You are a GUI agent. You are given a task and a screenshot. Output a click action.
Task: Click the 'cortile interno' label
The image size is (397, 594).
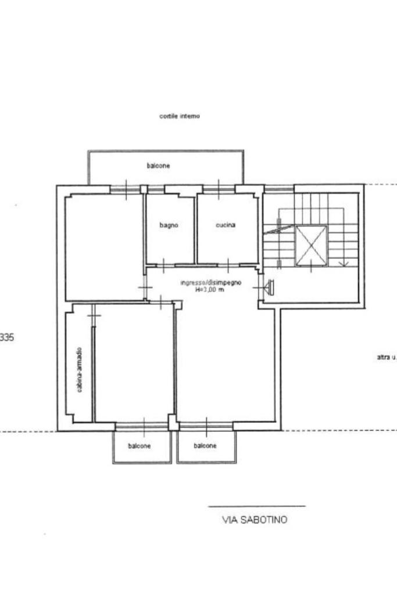coord(180,116)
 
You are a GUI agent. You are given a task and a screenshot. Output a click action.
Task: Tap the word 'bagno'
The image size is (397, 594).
coord(169,225)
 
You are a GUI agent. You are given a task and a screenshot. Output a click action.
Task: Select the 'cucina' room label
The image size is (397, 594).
coord(226,225)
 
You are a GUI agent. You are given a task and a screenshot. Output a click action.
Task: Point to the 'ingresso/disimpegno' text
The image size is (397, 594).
coord(211,283)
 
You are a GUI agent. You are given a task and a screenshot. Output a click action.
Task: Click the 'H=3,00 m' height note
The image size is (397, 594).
coord(210,290)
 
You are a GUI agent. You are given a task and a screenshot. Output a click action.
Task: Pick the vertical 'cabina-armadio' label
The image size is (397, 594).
coord(79,370)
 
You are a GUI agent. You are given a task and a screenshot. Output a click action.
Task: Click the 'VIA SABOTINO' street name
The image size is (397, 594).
coord(255,520)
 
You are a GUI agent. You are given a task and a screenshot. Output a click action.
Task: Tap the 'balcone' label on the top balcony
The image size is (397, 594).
coord(159,165)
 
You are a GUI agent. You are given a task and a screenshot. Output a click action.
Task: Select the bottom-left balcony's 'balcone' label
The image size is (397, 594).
coord(139,446)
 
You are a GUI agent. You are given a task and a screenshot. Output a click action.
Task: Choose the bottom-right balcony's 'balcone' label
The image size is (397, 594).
coord(205,446)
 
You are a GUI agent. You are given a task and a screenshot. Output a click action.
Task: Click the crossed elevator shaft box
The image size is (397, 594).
coord(311,246)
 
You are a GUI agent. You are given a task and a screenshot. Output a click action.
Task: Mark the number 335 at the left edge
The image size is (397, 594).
coord(6,337)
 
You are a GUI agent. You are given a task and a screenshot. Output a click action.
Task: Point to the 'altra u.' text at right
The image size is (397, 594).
coord(387,357)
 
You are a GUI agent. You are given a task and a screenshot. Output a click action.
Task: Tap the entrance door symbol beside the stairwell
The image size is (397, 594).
coord(269,287)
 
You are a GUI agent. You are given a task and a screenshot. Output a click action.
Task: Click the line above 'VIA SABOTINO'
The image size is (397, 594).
coord(257,506)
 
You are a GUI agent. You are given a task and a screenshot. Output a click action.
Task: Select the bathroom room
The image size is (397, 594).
coord(170,228)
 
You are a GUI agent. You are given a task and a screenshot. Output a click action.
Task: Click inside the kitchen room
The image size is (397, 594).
coord(227,228)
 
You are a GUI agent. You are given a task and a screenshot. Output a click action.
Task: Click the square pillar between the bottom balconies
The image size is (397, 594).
coord(173,422)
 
